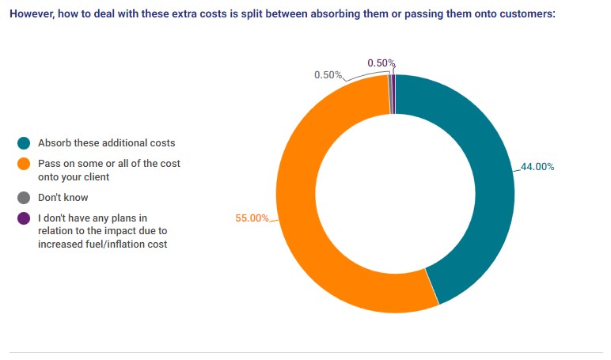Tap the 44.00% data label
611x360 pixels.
[x=537, y=167]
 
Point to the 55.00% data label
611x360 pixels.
[x=252, y=218]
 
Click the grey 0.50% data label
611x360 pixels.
[x=328, y=75]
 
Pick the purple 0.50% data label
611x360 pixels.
[x=381, y=63]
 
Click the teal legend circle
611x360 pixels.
[x=24, y=143]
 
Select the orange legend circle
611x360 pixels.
[x=24, y=164]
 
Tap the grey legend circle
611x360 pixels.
[x=24, y=198]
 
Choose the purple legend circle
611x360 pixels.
[x=24, y=218]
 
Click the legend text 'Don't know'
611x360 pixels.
[x=63, y=198]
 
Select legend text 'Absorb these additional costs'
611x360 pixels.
[x=107, y=143]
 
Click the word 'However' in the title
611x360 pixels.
[x=32, y=14]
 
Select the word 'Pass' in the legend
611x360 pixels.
[x=48, y=164]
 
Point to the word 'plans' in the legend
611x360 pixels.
[x=127, y=218]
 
